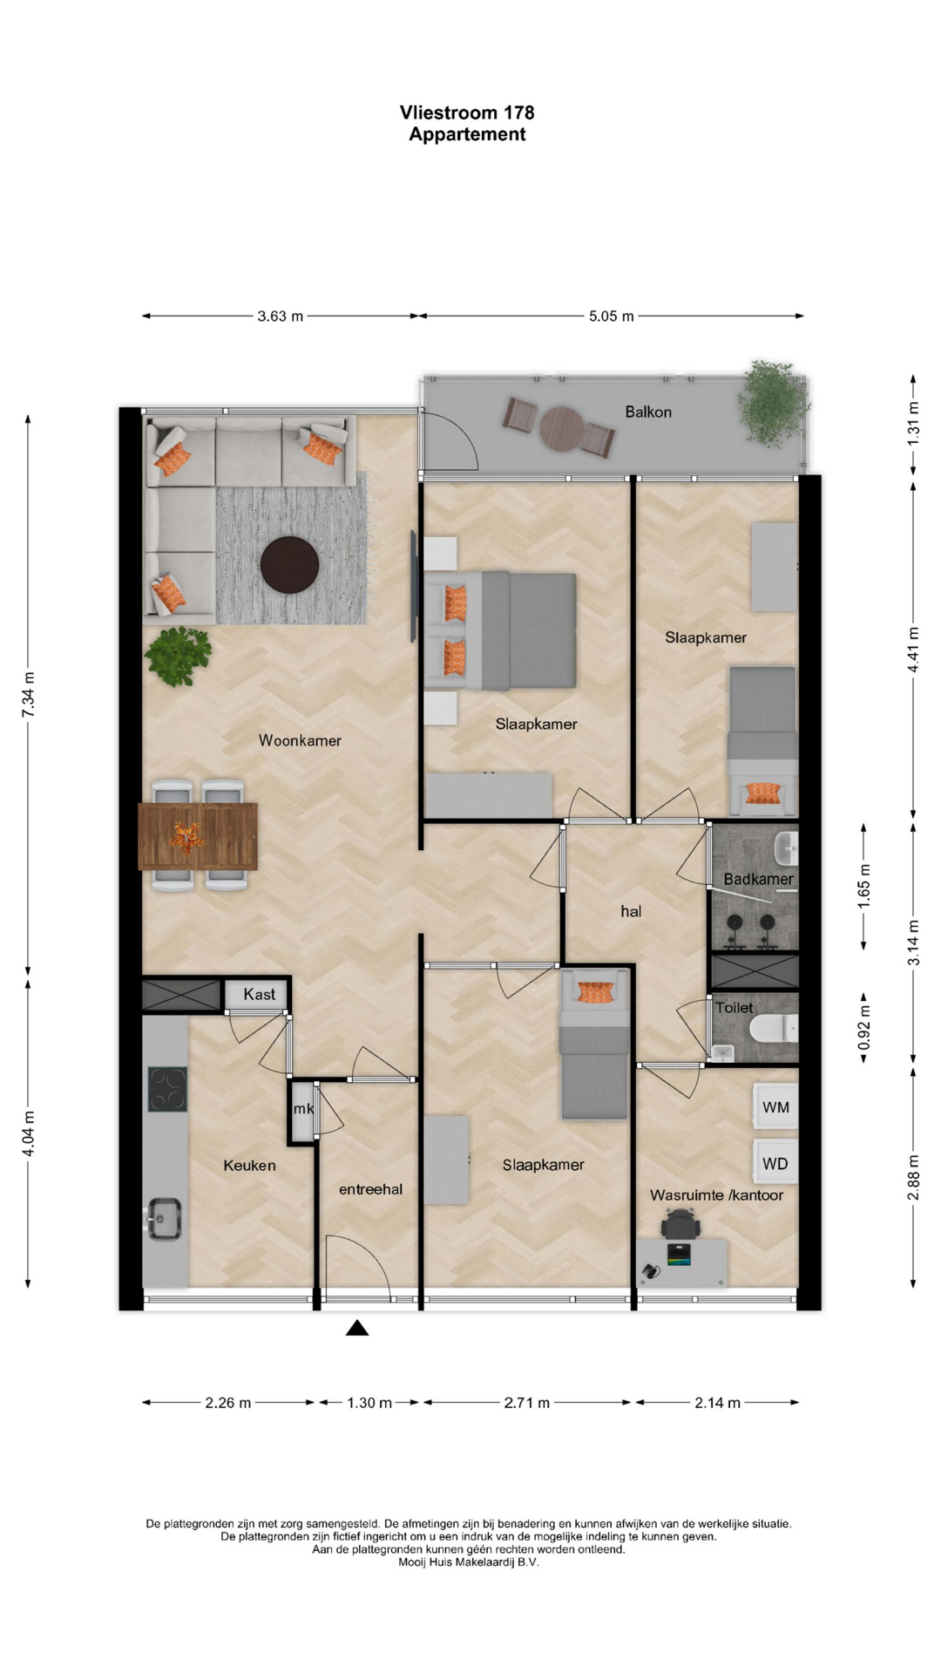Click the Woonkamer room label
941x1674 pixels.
300,740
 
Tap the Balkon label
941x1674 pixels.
648,412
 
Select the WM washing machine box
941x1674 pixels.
775,1107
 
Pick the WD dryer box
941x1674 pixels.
775,1163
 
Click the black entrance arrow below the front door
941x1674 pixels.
357,1328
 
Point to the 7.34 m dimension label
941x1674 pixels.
29,695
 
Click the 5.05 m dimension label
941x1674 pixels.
611,316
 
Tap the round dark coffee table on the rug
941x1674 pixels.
289,565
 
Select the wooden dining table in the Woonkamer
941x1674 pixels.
198,836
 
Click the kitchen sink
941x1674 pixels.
164,1218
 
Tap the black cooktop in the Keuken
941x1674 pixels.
167,1089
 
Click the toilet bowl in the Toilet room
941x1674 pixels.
774,1029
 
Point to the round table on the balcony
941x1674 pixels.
562,428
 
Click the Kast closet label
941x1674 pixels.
259,994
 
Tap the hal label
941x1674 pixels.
631,911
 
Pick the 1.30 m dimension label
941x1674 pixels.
369,1403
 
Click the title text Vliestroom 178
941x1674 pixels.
467,112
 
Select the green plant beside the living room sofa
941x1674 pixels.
179,655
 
